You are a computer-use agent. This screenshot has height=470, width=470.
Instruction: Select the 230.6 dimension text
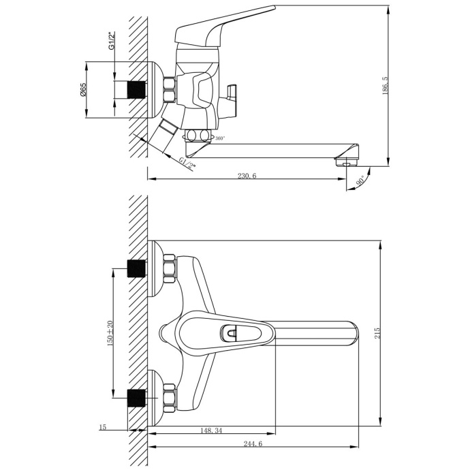(247, 175)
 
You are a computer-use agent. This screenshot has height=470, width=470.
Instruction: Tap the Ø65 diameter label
(82, 90)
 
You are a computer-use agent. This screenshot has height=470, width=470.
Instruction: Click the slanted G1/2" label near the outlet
(187, 163)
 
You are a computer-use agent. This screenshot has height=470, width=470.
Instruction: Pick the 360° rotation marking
(219, 138)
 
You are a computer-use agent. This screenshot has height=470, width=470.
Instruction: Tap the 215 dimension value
(377, 332)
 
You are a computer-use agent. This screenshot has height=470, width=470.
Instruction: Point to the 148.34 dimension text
(211, 430)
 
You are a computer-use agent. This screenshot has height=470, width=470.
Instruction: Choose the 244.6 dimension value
(252, 443)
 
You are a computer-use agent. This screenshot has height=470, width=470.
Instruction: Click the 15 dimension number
(102, 427)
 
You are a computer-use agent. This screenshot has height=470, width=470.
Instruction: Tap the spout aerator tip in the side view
(346, 161)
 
